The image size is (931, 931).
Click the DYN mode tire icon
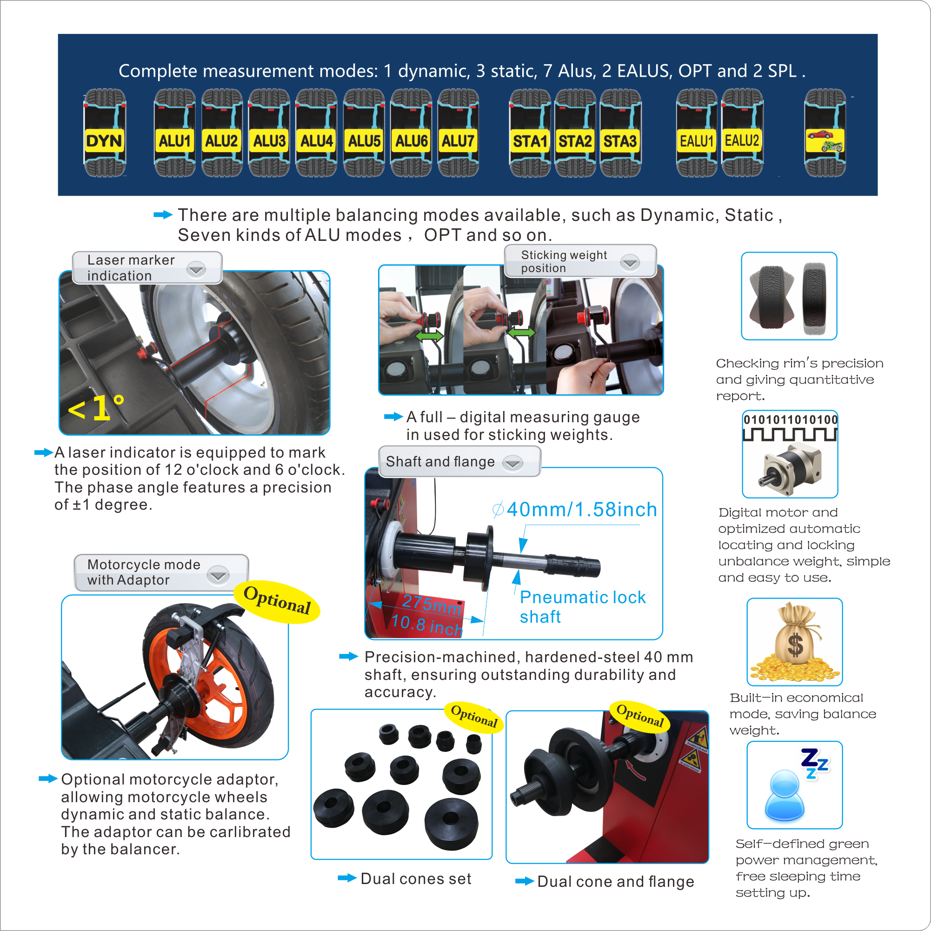[x=105, y=133]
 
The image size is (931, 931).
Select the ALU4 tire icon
[x=316, y=133]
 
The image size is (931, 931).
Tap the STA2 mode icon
[x=575, y=133]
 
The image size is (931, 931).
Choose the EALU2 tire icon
[x=742, y=133]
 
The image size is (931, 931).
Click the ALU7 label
[x=458, y=141]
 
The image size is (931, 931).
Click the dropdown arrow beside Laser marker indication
[x=196, y=269]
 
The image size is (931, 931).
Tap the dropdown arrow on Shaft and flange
[x=513, y=463]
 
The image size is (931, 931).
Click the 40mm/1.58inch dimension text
[x=574, y=509]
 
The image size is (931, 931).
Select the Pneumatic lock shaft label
[x=583, y=607]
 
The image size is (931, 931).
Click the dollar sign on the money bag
[x=795, y=644]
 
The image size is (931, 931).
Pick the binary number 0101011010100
[x=790, y=420]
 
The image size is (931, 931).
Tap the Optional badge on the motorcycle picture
[x=277, y=601]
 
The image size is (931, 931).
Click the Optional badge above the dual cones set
[x=474, y=716]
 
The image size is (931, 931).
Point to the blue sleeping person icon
[x=785, y=795]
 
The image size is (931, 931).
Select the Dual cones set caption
[x=416, y=878]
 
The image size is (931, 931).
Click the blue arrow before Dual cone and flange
[x=524, y=881]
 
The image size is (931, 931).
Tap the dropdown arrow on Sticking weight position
[x=630, y=263]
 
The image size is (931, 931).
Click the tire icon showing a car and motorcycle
[x=825, y=133]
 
